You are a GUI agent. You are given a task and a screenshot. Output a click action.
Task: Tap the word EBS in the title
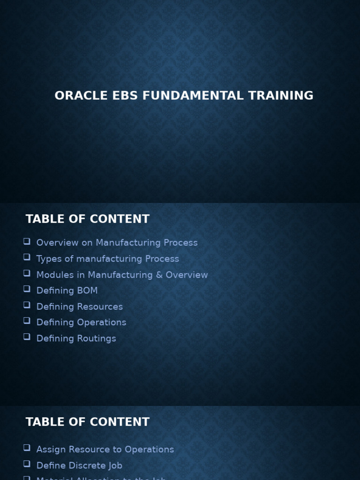(125, 96)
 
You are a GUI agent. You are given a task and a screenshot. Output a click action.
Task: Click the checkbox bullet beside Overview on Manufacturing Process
(27, 241)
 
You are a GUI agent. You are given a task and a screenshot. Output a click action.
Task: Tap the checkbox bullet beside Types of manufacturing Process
(27, 257)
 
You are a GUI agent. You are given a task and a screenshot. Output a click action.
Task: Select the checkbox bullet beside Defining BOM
(27, 289)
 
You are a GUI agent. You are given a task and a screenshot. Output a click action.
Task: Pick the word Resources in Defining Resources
(100, 307)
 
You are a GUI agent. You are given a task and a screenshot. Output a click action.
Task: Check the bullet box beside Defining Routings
(27, 337)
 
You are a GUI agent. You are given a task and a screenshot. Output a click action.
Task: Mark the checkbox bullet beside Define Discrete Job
(27, 464)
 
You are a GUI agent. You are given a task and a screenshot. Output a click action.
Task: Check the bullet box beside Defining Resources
(27, 305)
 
